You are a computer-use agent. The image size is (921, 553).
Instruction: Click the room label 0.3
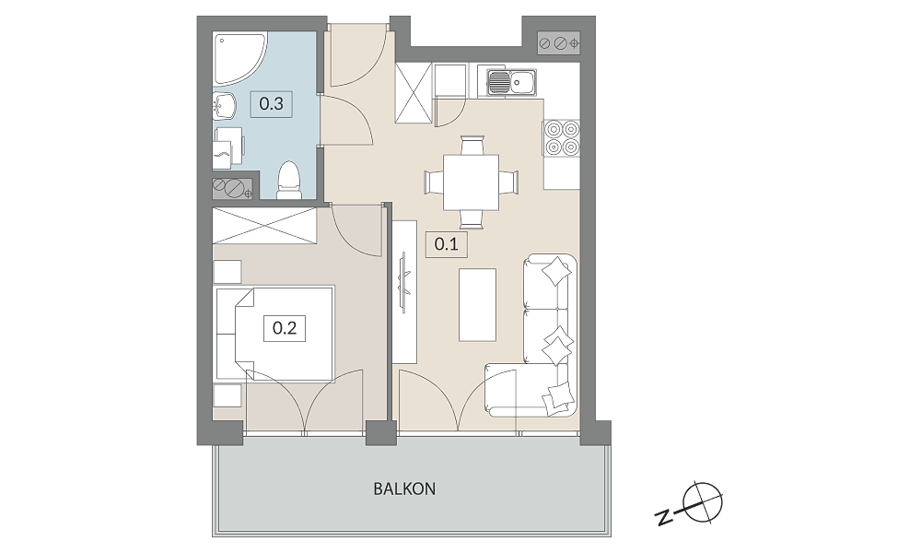click(x=272, y=104)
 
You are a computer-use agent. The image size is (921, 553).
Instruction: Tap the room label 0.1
click(x=447, y=243)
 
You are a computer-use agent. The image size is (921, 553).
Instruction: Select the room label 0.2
click(x=285, y=328)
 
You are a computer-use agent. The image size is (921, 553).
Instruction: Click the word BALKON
click(x=404, y=488)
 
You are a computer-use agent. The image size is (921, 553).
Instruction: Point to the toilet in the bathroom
click(x=288, y=179)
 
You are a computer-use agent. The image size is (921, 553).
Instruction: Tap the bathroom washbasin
click(x=225, y=106)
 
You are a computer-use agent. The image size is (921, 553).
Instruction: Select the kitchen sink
click(x=511, y=83)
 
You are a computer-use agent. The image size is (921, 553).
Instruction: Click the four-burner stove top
click(x=562, y=137)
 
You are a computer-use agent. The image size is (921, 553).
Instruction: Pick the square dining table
click(x=471, y=182)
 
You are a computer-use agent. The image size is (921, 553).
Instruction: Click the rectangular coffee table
click(x=477, y=305)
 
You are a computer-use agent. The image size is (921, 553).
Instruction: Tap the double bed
click(x=274, y=334)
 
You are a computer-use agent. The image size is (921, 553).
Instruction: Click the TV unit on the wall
click(x=404, y=291)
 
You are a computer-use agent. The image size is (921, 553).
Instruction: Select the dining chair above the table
click(x=472, y=145)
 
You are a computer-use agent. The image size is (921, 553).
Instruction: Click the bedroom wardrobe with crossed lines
click(x=264, y=225)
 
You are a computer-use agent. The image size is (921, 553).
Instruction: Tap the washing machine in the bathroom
click(x=228, y=145)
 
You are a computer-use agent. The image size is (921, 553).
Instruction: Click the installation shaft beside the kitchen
click(x=559, y=43)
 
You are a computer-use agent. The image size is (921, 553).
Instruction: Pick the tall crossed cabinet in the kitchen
click(x=414, y=93)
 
